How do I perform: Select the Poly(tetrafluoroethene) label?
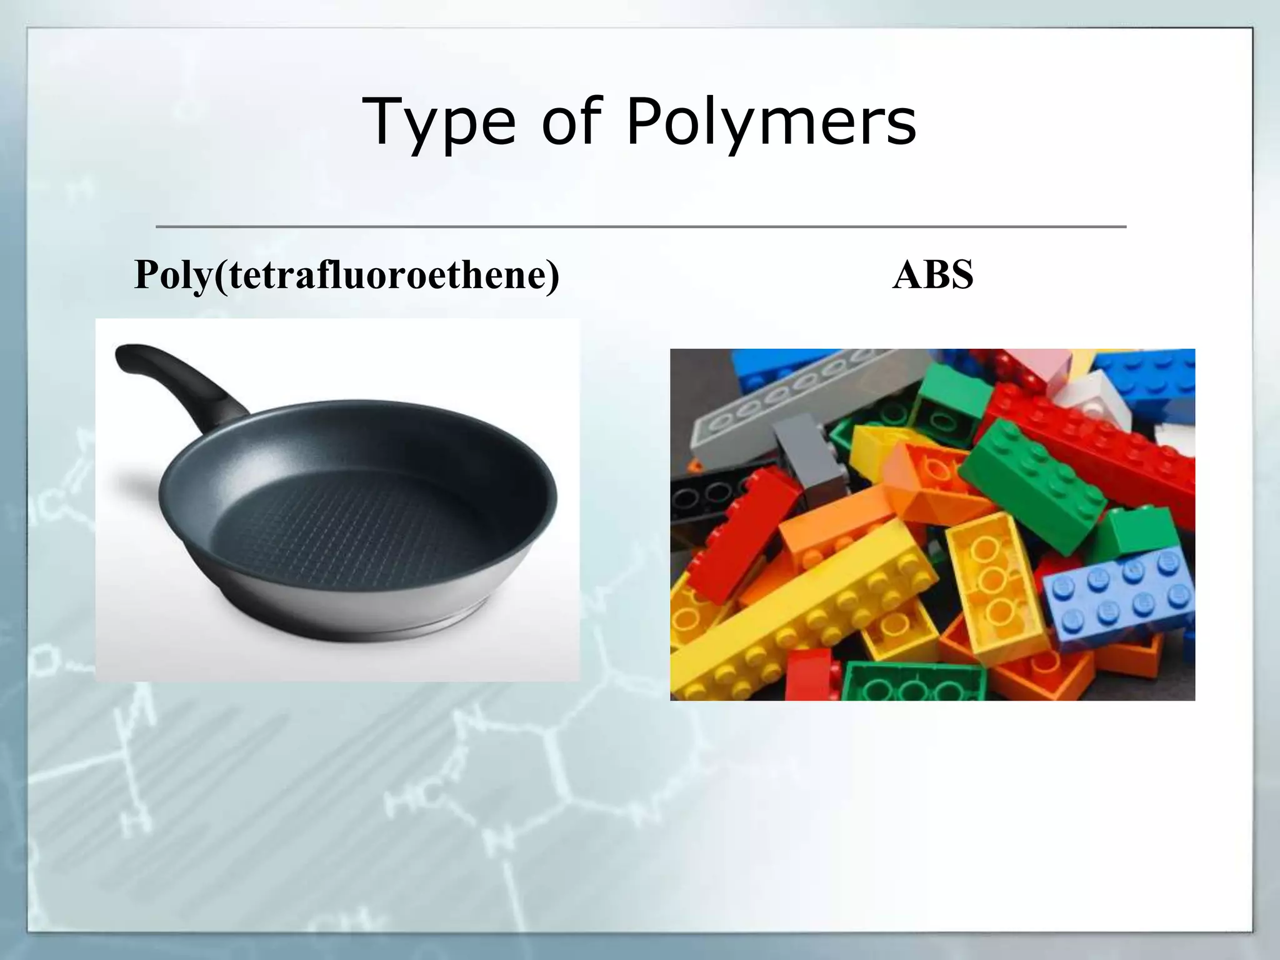[x=347, y=274]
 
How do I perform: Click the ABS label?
[x=932, y=274]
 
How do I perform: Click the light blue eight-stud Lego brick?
[x=1119, y=594]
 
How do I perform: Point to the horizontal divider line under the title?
[x=641, y=226]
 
